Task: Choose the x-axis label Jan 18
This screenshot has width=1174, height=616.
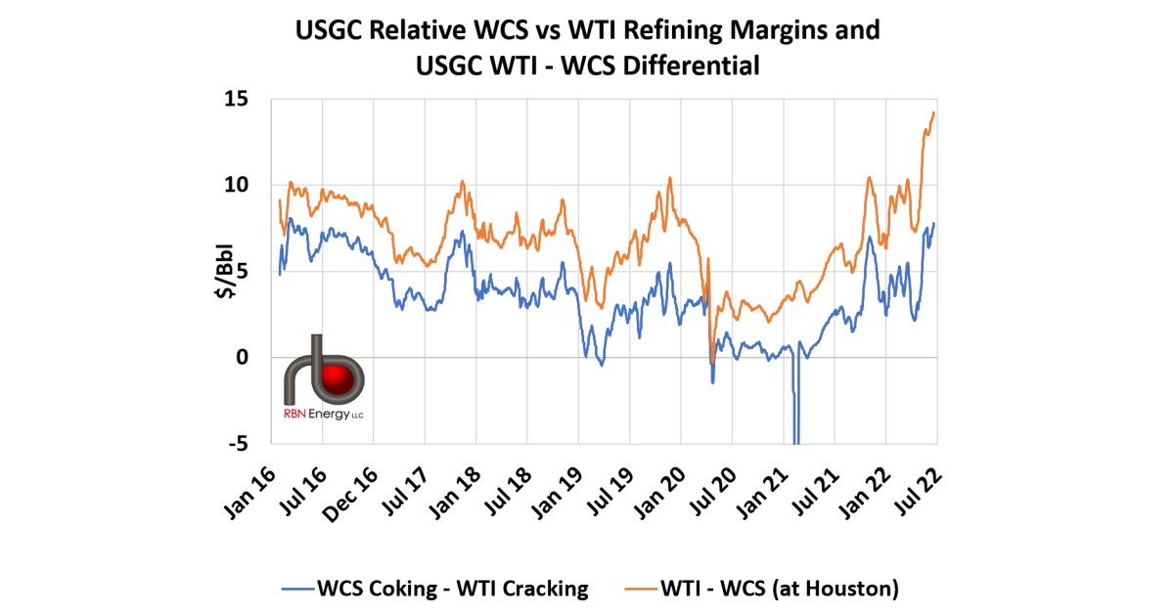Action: [x=456, y=485]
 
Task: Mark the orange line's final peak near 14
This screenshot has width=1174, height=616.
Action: [x=934, y=112]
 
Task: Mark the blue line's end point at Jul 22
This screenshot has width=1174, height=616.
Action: [x=934, y=224]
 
